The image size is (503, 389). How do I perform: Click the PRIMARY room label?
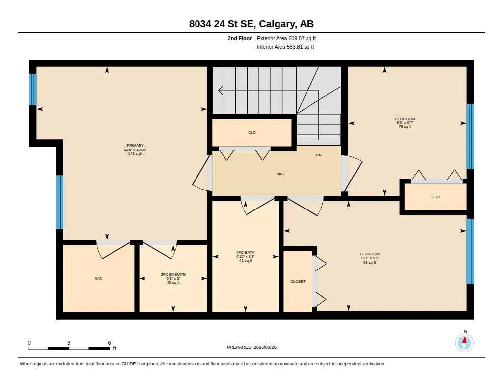coord(135,145)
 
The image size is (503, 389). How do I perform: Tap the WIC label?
coord(98,278)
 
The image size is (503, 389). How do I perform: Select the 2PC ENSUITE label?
coord(173,274)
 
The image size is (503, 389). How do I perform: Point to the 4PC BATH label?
coord(246,252)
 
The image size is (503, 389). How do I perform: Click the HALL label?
coord(280,174)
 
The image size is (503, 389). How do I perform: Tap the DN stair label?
coord(318,155)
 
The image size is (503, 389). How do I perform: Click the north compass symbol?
coord(464,342)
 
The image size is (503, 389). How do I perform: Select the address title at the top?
coord(251,24)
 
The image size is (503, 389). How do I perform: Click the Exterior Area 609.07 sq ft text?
coord(286,38)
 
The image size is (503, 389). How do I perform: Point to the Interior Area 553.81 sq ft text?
coord(285,47)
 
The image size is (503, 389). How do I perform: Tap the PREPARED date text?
coord(251,347)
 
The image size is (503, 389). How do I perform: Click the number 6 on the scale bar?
coord(109,343)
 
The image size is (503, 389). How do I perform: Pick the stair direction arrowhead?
coord(221,90)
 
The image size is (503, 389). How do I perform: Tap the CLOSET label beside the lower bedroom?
coord(298,281)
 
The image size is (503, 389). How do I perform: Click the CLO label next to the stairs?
coord(252,132)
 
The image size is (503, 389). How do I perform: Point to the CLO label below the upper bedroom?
coord(435,197)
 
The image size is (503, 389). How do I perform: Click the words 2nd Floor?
coord(240,38)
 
